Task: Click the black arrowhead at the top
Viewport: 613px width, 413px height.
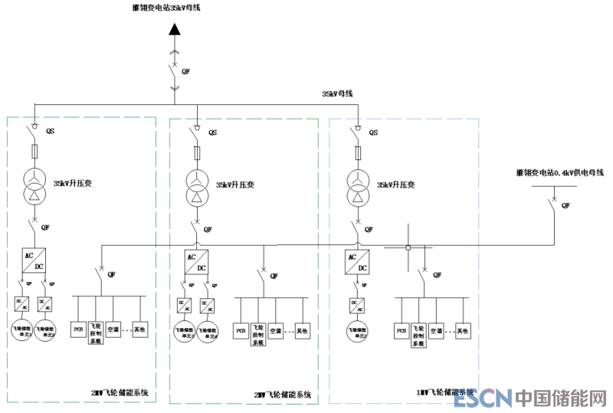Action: [x=175, y=30]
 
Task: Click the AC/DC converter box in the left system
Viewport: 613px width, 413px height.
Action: [x=34, y=260]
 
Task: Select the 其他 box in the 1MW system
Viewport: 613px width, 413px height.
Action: [x=462, y=330]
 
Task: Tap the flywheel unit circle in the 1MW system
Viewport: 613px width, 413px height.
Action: [x=356, y=331]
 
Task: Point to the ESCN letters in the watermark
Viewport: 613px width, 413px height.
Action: [x=482, y=398]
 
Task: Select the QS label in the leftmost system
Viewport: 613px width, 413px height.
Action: [x=51, y=130]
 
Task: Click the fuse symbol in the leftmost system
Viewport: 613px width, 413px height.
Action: [x=34, y=150]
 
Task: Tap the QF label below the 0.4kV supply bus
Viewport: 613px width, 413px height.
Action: [x=565, y=205]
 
